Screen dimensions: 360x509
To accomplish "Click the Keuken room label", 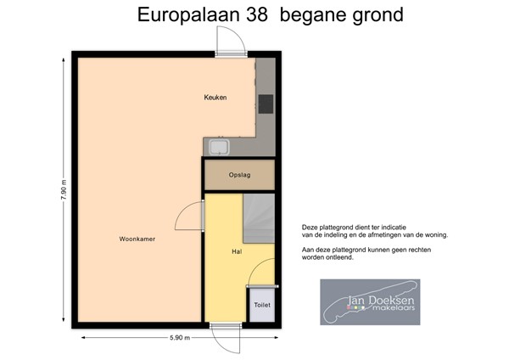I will pyautogui.click(x=215, y=98).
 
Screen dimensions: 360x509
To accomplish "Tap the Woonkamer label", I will pyautogui.click(x=137, y=239).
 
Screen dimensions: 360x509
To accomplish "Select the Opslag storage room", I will pyautogui.click(x=239, y=176).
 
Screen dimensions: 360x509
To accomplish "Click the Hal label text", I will pyautogui.click(x=238, y=252).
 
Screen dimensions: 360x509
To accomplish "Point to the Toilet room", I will pyautogui.click(x=261, y=303).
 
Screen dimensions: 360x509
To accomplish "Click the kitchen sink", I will pyautogui.click(x=219, y=147).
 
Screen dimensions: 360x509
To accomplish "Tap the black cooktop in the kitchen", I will pyautogui.click(x=266, y=104).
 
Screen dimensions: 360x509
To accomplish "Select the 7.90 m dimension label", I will pyautogui.click(x=63, y=188).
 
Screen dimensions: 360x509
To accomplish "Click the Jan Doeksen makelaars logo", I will pyautogui.click(x=369, y=301).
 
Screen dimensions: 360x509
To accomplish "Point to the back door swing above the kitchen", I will pyautogui.click(x=232, y=41).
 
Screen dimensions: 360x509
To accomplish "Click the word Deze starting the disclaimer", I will pyautogui.click(x=310, y=228).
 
